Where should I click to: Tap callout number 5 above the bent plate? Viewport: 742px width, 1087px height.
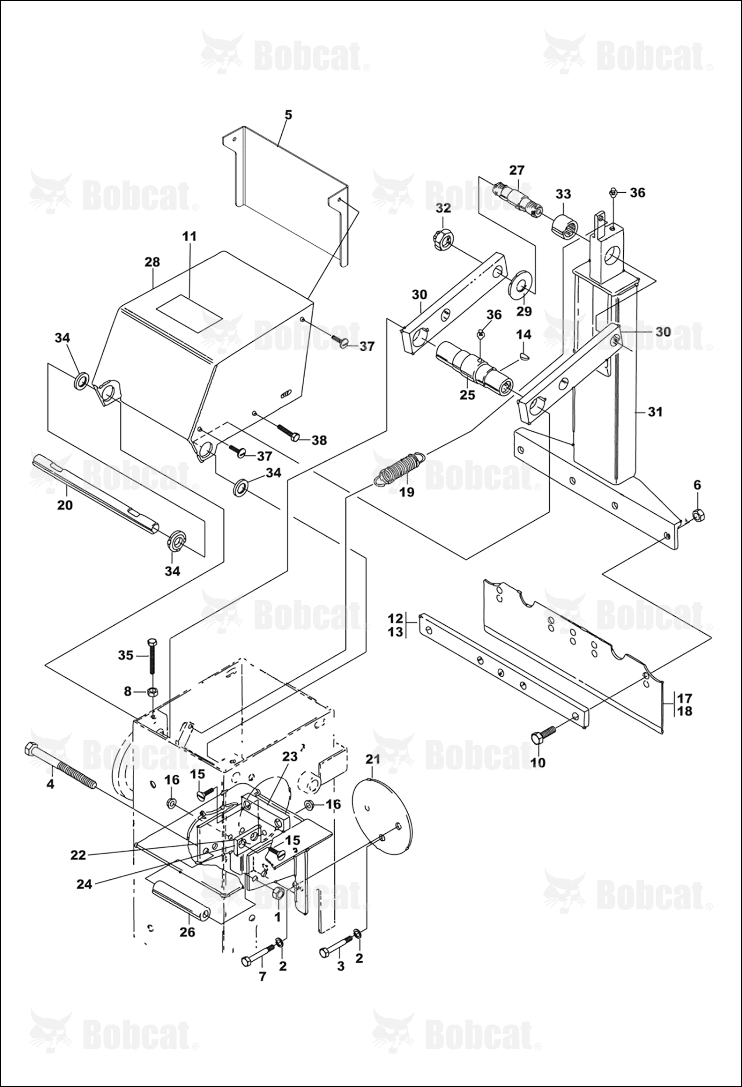[288, 115]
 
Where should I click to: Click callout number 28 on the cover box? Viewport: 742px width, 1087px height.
[152, 262]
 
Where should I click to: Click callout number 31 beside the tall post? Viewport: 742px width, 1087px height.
[655, 412]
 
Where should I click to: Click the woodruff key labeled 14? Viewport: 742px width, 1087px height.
[525, 355]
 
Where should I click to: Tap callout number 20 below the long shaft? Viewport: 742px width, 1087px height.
[65, 505]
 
